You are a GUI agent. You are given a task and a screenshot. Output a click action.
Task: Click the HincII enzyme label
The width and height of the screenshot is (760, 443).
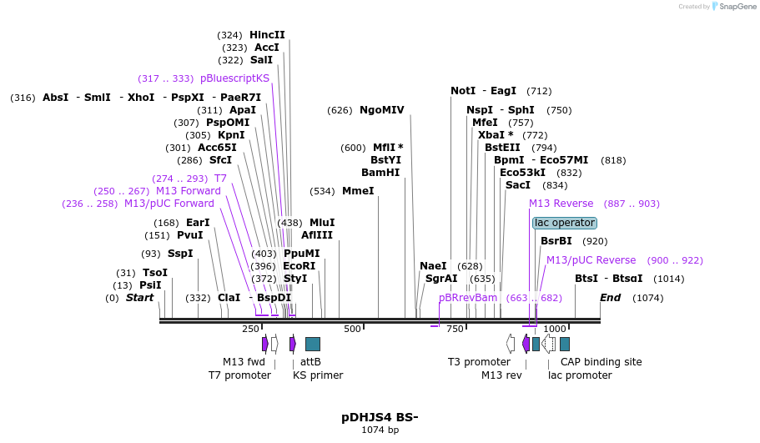267,35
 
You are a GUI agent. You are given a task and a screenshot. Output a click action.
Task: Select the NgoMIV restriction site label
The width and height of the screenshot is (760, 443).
381,109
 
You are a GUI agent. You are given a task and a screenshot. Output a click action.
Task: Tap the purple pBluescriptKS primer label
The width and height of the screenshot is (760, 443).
234,78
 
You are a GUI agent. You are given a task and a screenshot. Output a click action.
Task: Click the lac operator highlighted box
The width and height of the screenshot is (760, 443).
565,223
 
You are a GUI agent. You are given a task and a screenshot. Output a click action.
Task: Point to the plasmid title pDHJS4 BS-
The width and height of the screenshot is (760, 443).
380,416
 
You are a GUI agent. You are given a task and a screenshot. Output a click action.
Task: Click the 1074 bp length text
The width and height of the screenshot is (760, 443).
380,430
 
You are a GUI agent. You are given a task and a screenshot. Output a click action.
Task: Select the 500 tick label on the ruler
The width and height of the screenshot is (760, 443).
352,329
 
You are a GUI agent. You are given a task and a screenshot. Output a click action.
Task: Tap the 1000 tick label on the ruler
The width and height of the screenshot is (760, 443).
555,329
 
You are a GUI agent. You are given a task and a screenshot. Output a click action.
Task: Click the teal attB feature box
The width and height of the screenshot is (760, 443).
313,344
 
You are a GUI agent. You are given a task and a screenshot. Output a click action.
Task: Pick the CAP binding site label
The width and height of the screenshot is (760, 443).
601,361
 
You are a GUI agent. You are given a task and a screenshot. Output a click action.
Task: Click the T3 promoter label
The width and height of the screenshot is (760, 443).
479,361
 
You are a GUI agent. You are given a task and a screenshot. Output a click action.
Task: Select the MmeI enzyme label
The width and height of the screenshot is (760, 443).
358,191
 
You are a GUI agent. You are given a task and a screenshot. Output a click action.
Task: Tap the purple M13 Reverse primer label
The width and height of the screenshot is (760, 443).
561,204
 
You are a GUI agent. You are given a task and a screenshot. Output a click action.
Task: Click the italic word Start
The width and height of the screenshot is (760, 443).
139,298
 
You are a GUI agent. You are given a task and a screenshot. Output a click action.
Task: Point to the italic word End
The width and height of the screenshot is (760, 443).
610,298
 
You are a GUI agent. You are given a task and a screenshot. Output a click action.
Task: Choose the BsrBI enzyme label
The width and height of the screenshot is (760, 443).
556,241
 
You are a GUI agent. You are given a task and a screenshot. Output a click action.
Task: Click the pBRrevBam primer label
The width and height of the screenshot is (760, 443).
468,298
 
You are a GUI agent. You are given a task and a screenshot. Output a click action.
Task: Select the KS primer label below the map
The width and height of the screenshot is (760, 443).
318,375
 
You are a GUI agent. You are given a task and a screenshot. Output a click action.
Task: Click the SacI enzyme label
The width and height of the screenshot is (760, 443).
518,185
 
